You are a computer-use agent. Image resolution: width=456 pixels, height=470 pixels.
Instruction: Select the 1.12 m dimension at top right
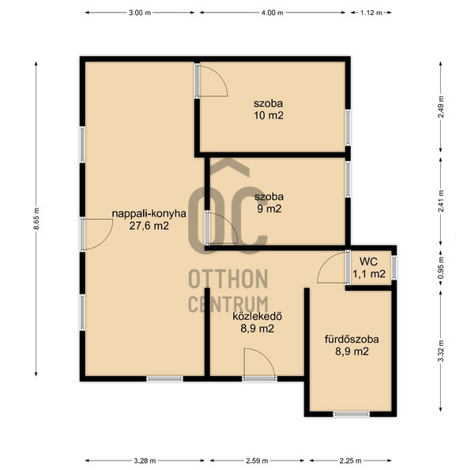[x=371, y=13]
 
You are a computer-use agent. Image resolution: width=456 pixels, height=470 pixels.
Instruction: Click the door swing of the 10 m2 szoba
[x=212, y=81]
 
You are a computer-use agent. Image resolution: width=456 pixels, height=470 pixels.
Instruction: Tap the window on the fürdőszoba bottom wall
[x=350, y=413]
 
